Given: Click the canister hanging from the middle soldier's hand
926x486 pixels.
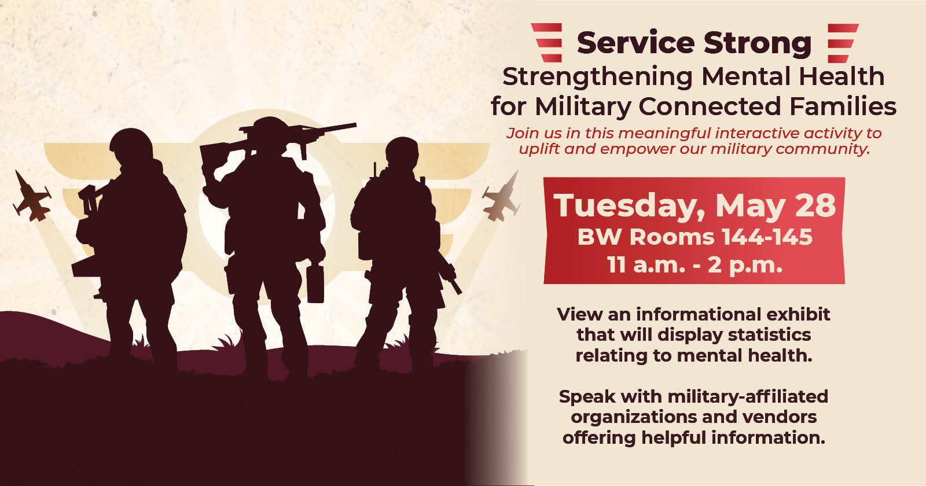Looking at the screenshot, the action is (x=315, y=283).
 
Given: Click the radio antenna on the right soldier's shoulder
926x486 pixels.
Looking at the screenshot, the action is (x=375, y=170).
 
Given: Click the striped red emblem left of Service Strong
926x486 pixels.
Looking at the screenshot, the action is (x=547, y=43).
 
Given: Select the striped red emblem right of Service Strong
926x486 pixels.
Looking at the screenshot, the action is (x=843, y=43).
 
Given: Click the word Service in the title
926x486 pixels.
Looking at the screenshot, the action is (x=636, y=43).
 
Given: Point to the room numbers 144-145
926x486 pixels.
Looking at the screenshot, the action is (x=767, y=237).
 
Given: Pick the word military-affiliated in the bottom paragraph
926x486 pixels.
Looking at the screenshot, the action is (x=748, y=397).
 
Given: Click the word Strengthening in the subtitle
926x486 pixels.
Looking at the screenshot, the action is (x=597, y=78).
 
